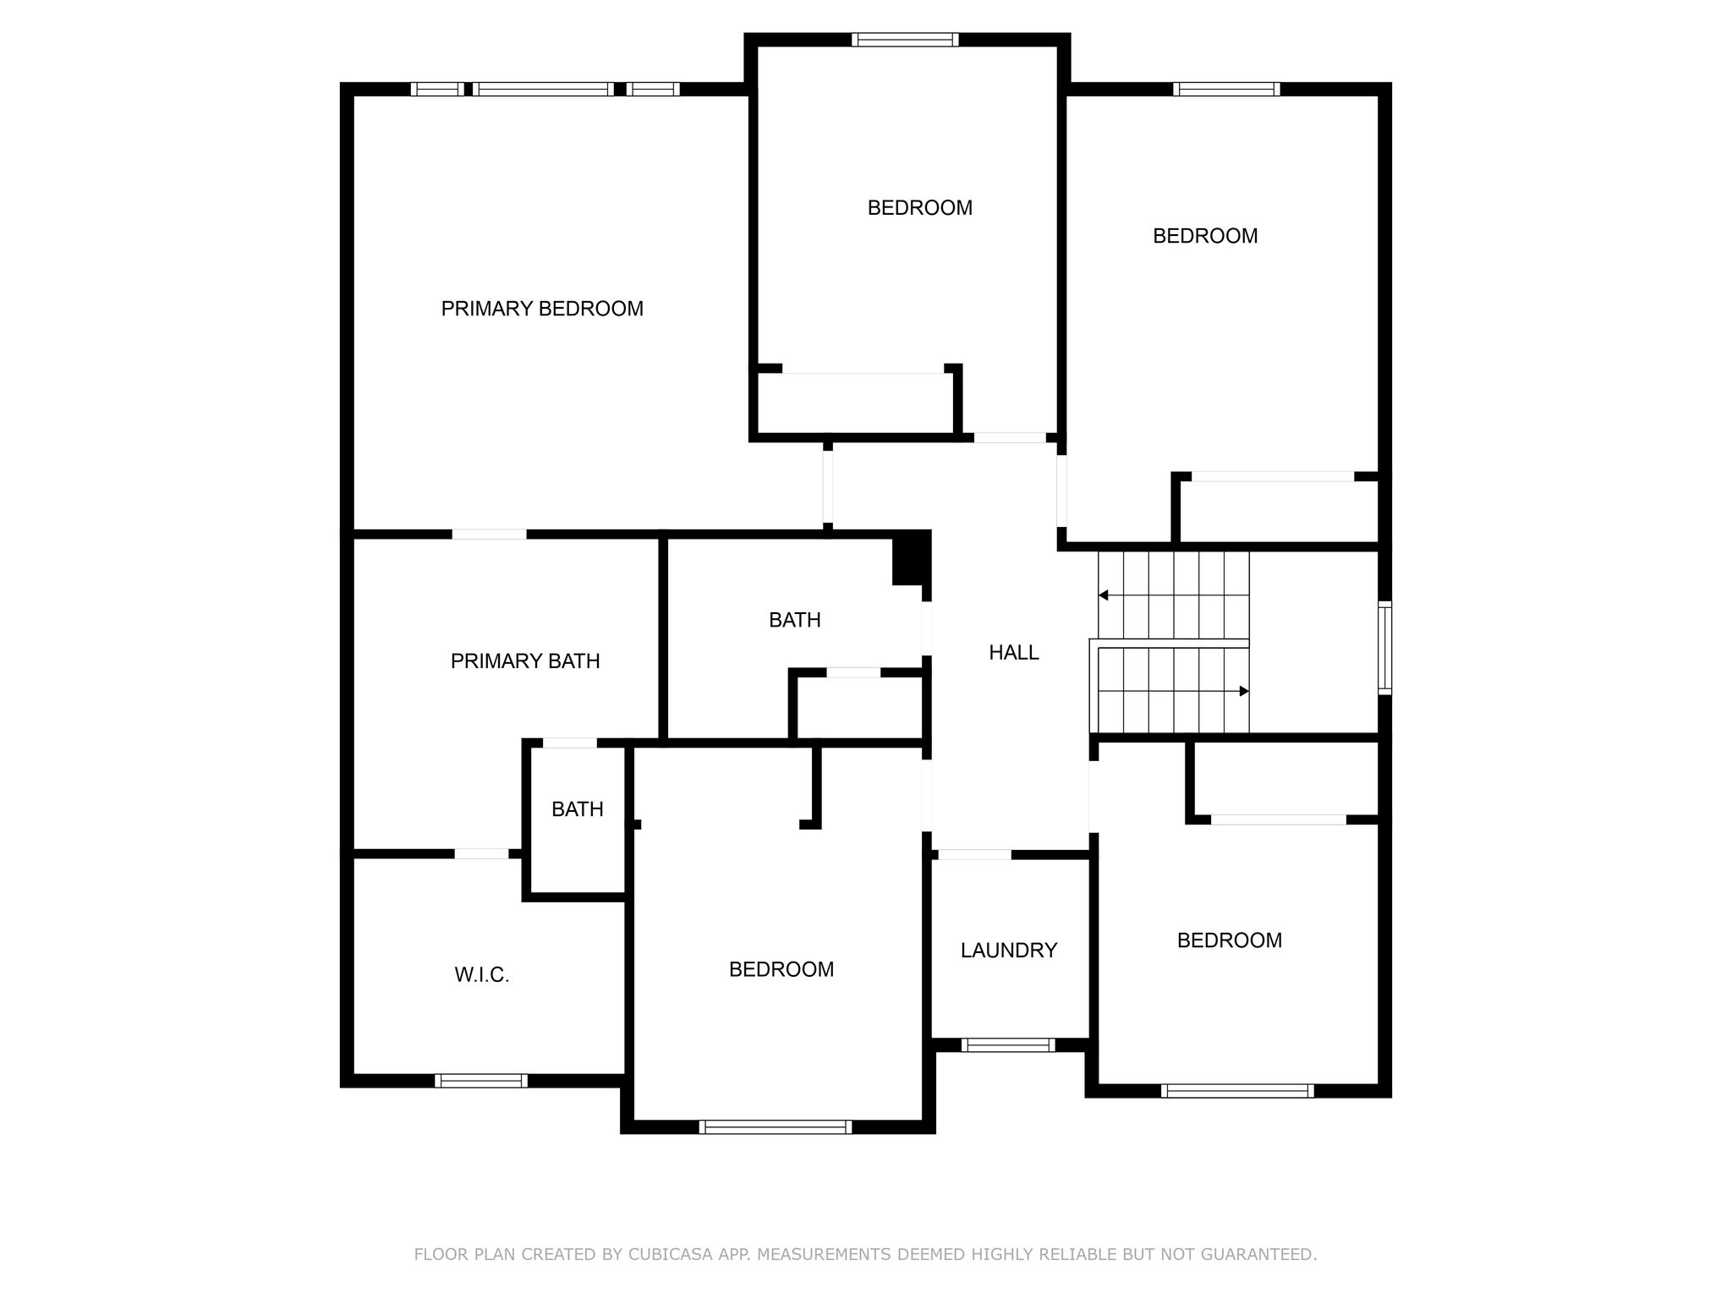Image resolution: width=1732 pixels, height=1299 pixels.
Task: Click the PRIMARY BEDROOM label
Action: [542, 309]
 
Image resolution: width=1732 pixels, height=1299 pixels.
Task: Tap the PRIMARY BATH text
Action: [525, 661]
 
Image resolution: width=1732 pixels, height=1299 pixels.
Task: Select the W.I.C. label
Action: [482, 975]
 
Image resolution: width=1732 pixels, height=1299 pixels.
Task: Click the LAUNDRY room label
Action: [1009, 951]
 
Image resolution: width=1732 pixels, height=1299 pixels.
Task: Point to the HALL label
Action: [1014, 652]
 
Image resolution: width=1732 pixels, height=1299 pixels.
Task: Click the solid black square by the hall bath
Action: [912, 557]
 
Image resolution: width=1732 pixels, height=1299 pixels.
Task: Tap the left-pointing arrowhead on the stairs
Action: [1103, 595]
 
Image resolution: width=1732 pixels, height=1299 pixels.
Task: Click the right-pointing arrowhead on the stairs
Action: [1244, 691]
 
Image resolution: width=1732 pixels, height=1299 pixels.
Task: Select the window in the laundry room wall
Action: [1009, 1045]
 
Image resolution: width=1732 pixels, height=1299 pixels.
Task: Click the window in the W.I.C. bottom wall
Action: [481, 1081]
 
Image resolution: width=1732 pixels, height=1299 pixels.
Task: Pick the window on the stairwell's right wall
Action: [1385, 648]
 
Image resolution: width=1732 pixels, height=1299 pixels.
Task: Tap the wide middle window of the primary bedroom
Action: [543, 89]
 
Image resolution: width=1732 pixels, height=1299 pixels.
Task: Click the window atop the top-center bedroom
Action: [905, 40]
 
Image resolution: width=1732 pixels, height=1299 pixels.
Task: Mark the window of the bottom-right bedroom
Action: [1237, 1091]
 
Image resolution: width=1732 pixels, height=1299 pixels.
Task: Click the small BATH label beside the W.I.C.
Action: [578, 809]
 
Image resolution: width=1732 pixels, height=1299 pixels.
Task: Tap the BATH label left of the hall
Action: [795, 620]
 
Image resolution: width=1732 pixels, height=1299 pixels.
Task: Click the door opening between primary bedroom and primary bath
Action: [489, 534]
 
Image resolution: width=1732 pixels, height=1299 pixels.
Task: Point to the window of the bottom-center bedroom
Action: [776, 1126]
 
